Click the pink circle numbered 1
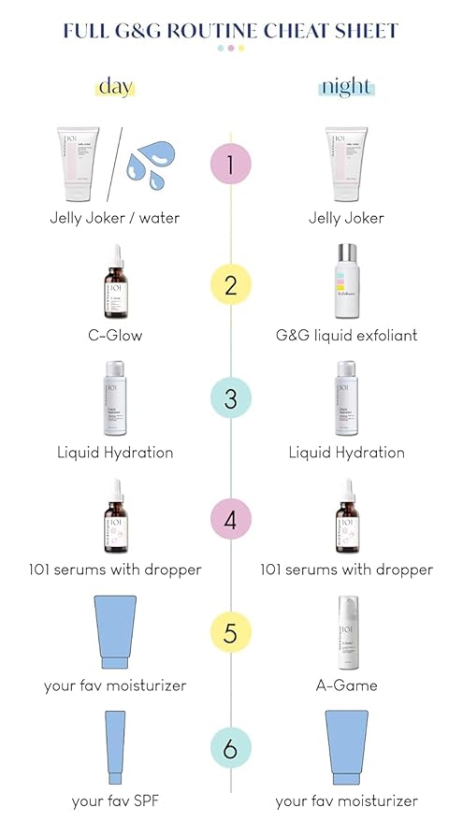click(x=231, y=166)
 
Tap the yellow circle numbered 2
click(x=231, y=282)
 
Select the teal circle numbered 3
click(x=231, y=399)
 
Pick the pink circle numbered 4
click(x=231, y=516)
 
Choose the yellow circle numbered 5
click(x=231, y=632)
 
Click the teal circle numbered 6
click(x=231, y=749)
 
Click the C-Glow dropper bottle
click(x=114, y=283)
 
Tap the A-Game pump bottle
click(x=346, y=633)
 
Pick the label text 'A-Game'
click(x=346, y=685)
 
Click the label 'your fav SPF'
click(x=114, y=801)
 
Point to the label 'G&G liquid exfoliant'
click(x=346, y=335)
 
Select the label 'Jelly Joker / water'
click(x=114, y=218)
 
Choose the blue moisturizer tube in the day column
click(x=114, y=633)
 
